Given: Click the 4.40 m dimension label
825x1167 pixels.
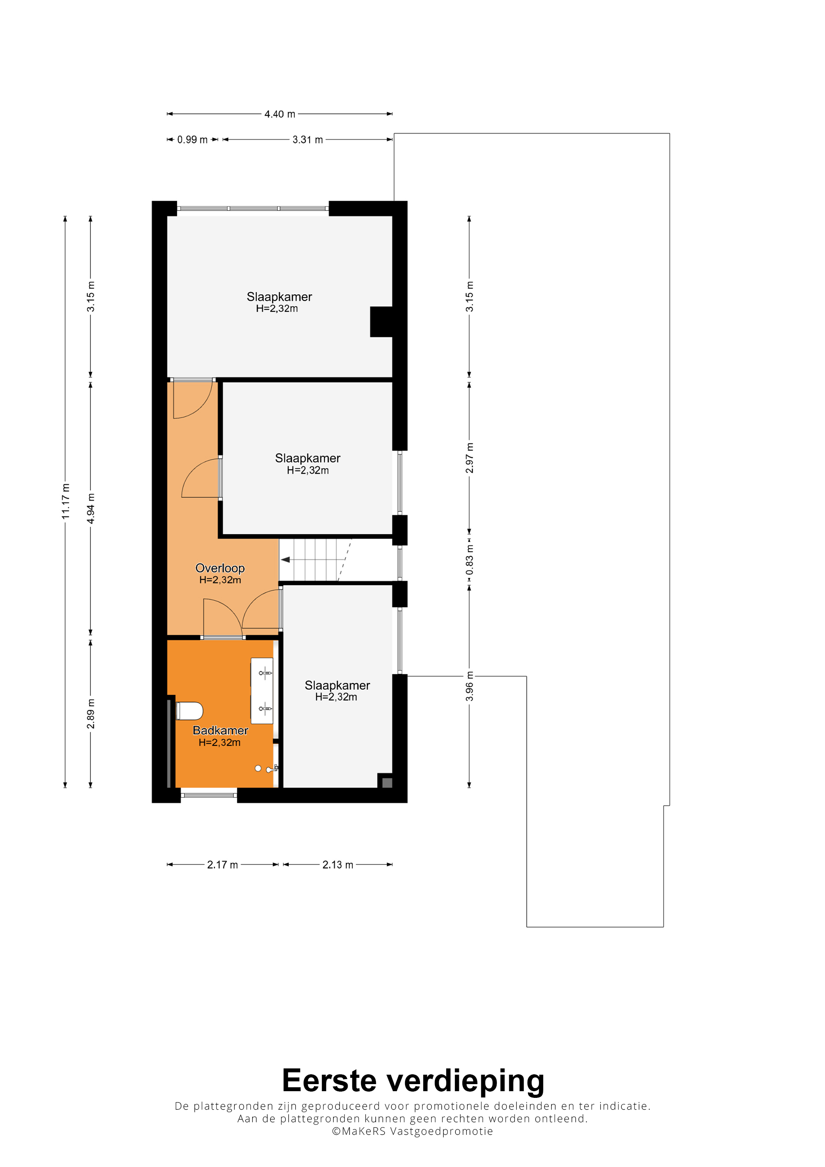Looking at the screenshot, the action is click(280, 114).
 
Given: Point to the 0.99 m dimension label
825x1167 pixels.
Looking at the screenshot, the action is click(192, 139).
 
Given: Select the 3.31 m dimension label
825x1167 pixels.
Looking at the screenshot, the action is click(308, 139).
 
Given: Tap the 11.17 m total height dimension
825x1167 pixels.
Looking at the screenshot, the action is click(66, 502).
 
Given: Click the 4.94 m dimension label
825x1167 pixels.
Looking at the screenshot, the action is click(90, 508).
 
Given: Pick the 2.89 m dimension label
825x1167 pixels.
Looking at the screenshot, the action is click(90, 714).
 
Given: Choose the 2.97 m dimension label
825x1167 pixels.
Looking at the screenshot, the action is click(469, 458).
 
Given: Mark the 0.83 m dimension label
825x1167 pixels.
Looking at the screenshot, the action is click(469, 560).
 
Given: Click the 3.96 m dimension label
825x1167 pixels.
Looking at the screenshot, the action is click(469, 686).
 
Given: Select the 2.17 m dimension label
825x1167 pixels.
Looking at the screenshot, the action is click(222, 865).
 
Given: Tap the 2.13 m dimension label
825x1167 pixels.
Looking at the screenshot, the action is click(337, 865).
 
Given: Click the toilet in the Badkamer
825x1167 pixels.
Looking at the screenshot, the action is click(189, 711).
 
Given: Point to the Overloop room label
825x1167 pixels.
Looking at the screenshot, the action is click(220, 568).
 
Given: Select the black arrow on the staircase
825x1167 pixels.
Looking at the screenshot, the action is click(286, 560).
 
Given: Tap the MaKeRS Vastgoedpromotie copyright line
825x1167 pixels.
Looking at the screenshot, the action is click(412, 1131).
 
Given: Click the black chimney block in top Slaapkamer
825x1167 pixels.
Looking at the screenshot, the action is click(381, 322).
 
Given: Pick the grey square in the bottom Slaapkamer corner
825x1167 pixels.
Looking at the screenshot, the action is click(387, 783).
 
